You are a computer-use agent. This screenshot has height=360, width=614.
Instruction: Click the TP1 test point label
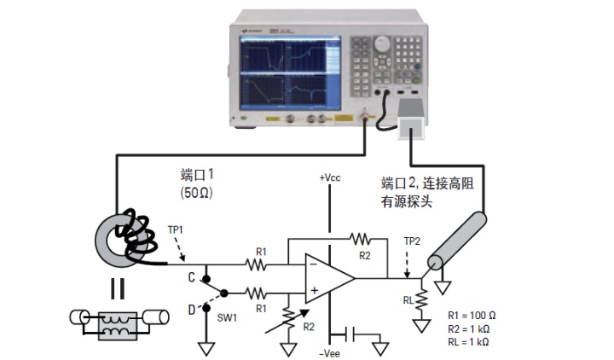point(174,229)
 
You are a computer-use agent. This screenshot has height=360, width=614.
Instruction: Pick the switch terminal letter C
point(191,276)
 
